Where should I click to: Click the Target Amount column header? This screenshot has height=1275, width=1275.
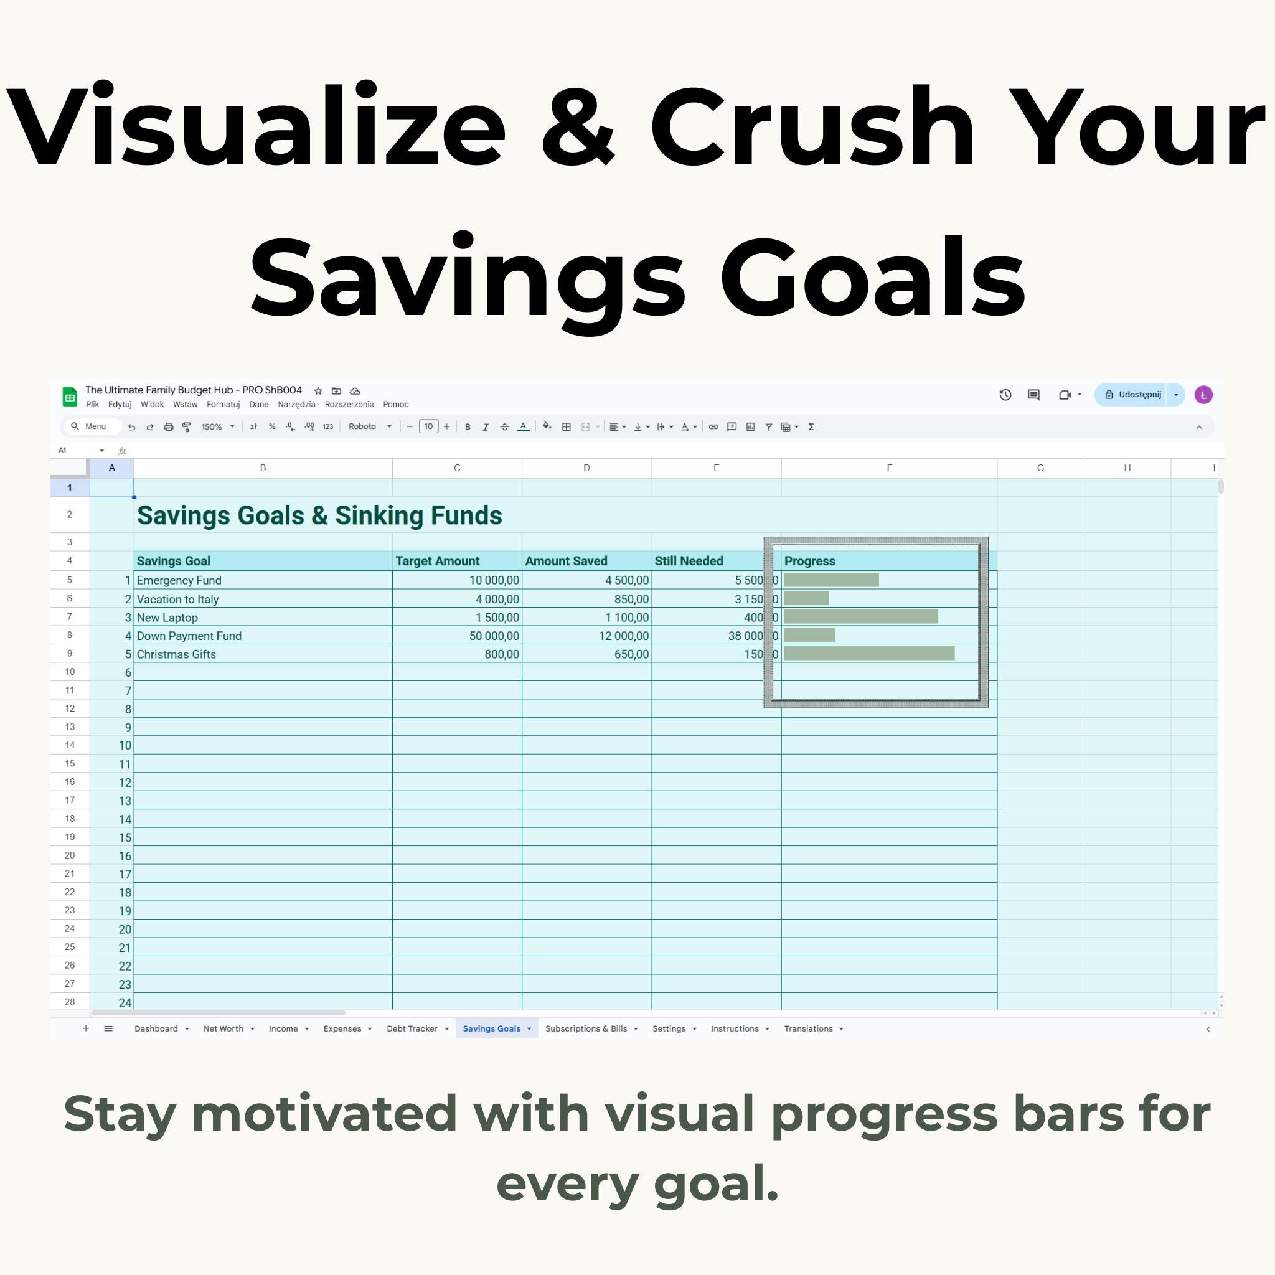[438, 561]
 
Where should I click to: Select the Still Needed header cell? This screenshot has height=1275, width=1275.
[689, 561]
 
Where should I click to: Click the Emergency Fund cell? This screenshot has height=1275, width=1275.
[179, 580]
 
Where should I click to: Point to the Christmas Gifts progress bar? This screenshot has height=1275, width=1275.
[869, 653]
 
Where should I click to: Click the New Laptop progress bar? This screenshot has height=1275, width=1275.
[860, 616]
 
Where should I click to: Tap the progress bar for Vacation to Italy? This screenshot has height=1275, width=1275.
[806, 598]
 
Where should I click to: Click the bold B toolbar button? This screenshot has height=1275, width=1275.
[468, 427]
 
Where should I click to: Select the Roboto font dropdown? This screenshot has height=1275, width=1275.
[370, 426]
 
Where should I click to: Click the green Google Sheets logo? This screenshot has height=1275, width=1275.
[69, 397]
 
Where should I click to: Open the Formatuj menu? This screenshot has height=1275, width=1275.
[223, 405]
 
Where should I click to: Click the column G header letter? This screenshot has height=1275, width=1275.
[1040, 468]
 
